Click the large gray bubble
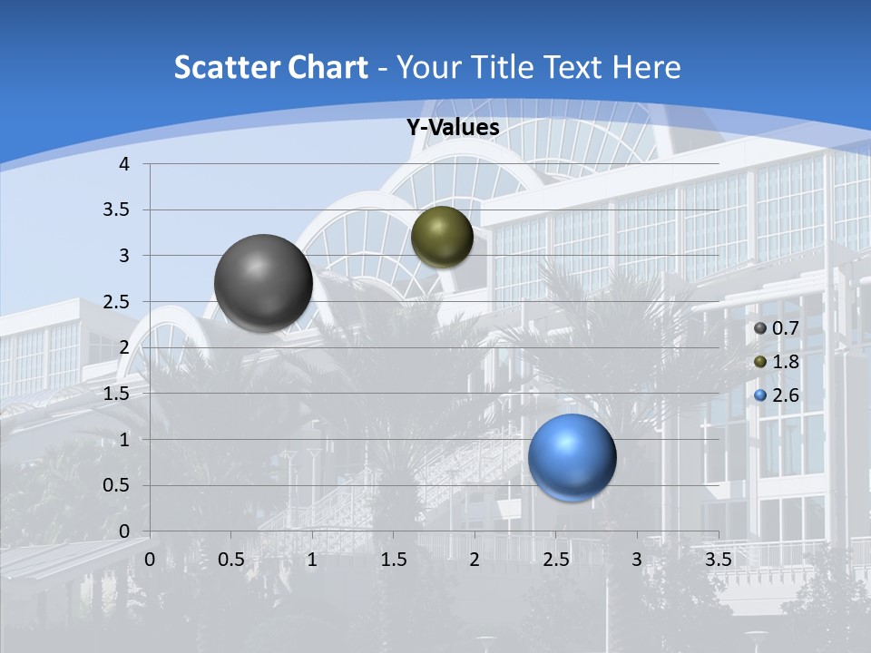pos(263,283)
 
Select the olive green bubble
pos(442,237)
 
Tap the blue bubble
pos(572,457)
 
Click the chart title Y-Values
pos(453,128)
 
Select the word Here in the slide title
pos(647,67)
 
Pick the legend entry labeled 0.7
pos(775,328)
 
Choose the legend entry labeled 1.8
pos(775,362)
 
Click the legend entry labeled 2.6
pos(775,395)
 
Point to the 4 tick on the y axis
pos(124,164)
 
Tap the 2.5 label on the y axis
pos(118,302)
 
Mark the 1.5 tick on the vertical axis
pos(118,394)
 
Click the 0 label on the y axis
pos(124,531)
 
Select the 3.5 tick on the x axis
pos(718,560)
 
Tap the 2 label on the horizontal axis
pos(475,560)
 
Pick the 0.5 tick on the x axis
pos(230,560)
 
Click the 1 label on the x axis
pos(312,560)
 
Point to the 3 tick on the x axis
pos(637,560)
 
